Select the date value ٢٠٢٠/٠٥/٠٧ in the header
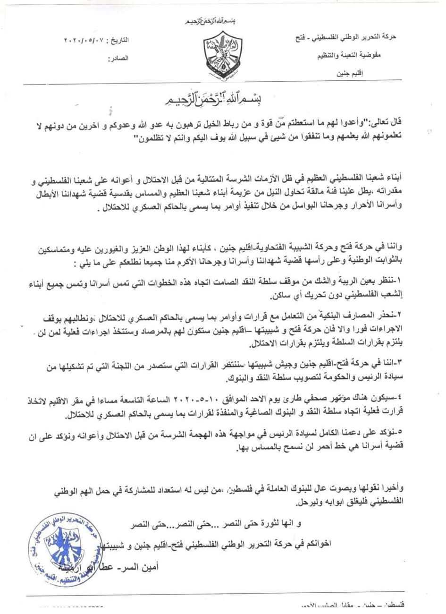tap(84, 41)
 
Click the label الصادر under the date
tap(119, 59)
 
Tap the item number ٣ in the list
tap(436, 361)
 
